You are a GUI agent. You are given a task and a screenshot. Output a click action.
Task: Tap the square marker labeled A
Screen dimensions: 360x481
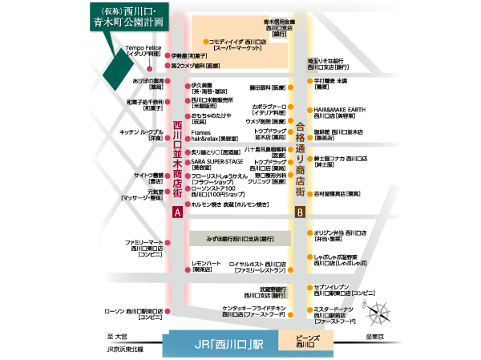click(177, 212)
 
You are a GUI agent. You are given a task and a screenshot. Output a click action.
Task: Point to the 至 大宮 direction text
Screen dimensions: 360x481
click(118, 337)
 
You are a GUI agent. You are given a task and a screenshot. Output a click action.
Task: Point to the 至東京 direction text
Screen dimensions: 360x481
click(374, 337)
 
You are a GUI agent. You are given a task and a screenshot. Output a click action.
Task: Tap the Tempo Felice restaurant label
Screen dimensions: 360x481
click(144, 51)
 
